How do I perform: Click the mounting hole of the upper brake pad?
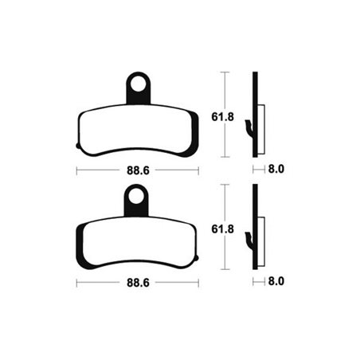tap(140, 82)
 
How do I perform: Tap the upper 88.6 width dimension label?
tap(138, 170)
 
